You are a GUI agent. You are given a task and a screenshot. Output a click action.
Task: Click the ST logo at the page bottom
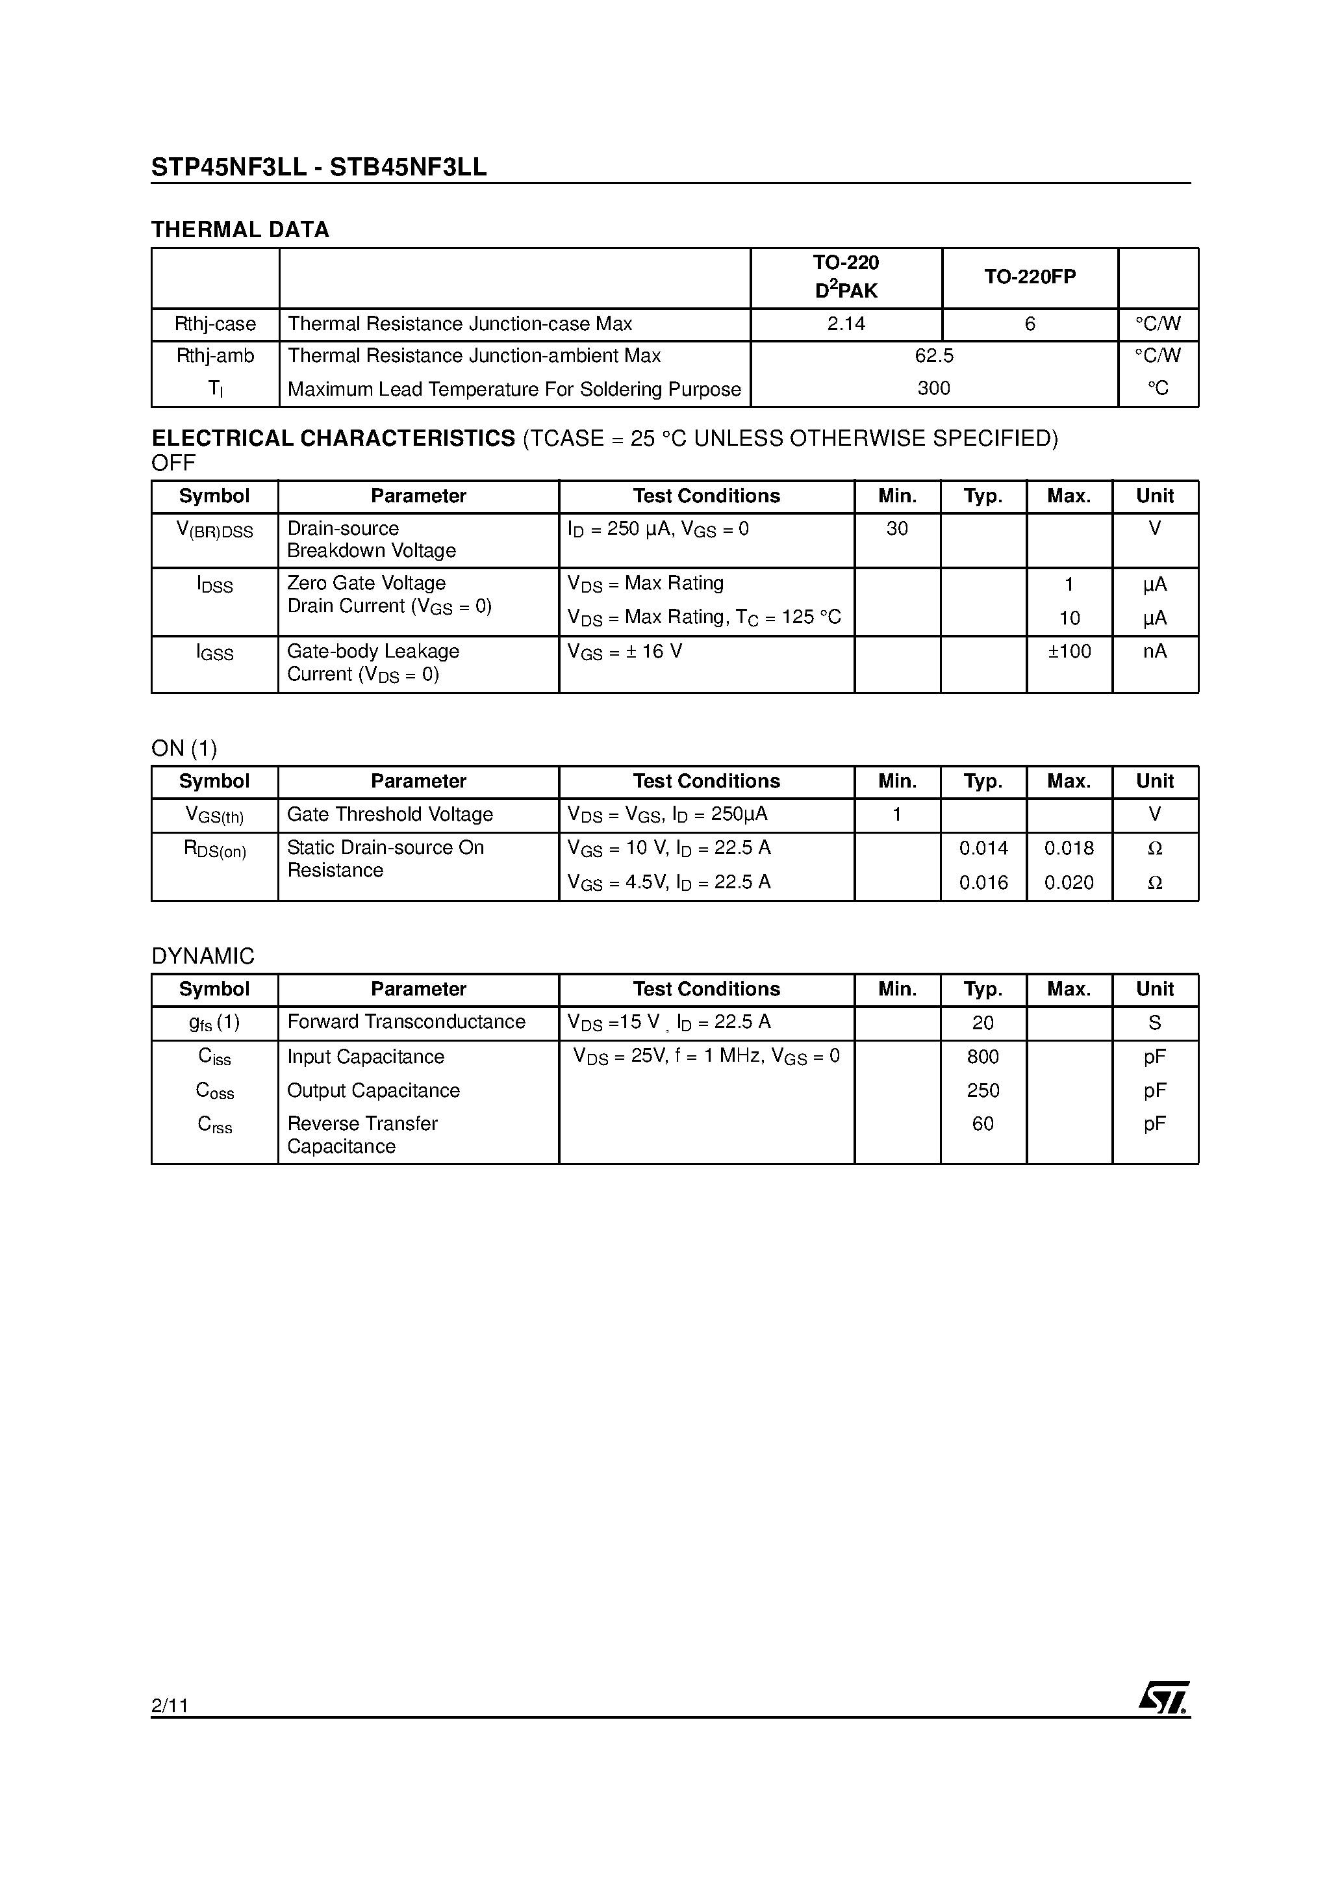1164,1698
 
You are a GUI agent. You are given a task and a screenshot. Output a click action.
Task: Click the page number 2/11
170,1704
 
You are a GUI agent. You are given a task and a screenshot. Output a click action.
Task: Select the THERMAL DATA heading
240,230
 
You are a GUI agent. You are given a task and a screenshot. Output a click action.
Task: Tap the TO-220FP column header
1030,277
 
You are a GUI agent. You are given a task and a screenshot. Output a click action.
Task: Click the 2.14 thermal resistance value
846,324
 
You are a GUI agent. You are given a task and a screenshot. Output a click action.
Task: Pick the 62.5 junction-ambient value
934,356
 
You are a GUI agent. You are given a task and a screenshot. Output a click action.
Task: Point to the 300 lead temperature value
933,388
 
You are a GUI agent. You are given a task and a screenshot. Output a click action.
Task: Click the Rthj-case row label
215,324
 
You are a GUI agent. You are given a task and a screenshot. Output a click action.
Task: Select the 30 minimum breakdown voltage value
897,529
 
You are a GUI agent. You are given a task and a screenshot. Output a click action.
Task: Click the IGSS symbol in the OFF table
215,653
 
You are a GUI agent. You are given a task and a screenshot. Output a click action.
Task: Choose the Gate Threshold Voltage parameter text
390,815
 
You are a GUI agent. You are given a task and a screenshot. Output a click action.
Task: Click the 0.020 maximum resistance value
1069,883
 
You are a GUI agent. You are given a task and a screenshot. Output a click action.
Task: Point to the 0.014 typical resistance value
983,848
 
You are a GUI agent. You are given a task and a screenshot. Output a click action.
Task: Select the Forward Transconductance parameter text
406,1022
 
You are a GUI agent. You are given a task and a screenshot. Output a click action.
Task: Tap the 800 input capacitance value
983,1057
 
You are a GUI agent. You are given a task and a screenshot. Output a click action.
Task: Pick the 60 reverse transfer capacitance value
983,1123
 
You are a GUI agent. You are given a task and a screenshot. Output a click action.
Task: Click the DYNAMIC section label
203,956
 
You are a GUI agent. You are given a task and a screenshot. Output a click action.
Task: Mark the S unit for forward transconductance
1155,1023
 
